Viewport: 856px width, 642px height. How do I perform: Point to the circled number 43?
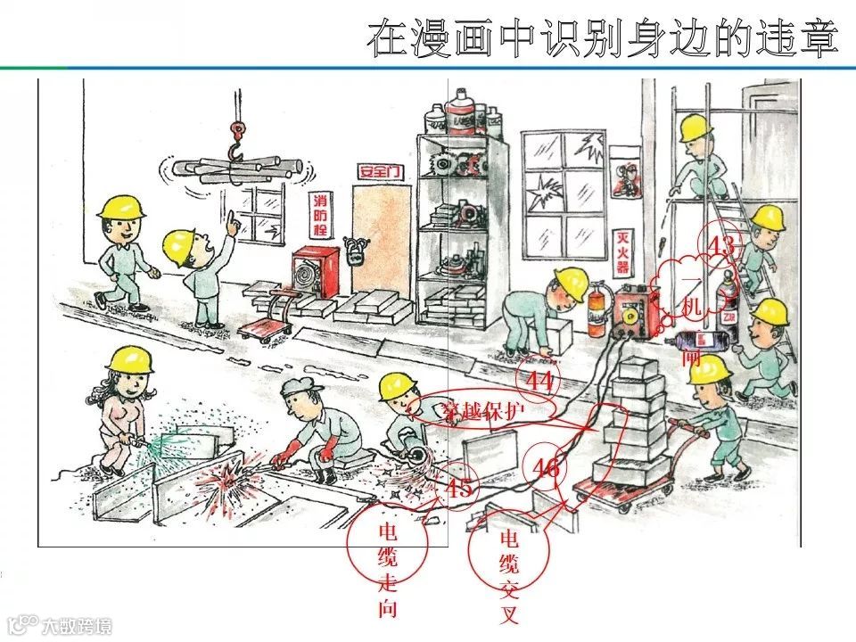(720, 244)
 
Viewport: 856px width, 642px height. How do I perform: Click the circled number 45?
(458, 489)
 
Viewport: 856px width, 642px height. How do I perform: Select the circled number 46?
(546, 467)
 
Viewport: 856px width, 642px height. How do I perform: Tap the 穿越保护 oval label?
(486, 410)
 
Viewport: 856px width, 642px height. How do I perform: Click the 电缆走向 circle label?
(389, 569)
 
